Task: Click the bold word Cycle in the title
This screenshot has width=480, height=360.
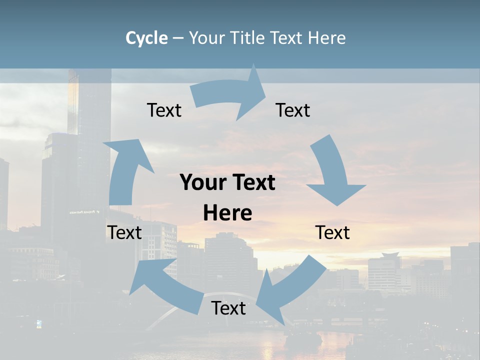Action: pyautogui.click(x=146, y=38)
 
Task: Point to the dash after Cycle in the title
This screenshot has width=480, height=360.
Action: pyautogui.click(x=178, y=38)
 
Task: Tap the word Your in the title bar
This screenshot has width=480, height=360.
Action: pyautogui.click(x=207, y=38)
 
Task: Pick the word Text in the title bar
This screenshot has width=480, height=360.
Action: pyautogui.click(x=288, y=38)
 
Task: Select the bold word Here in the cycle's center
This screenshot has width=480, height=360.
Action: pyautogui.click(x=227, y=213)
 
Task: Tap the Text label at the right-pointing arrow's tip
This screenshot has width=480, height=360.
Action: pyautogui.click(x=293, y=110)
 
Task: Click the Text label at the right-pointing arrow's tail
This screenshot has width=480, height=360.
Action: pyautogui.click(x=164, y=110)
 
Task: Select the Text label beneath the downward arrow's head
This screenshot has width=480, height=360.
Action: pyautogui.click(x=332, y=233)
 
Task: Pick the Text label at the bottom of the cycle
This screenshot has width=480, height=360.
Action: pyautogui.click(x=228, y=308)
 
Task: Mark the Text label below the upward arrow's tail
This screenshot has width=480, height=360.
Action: pyautogui.click(x=124, y=233)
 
